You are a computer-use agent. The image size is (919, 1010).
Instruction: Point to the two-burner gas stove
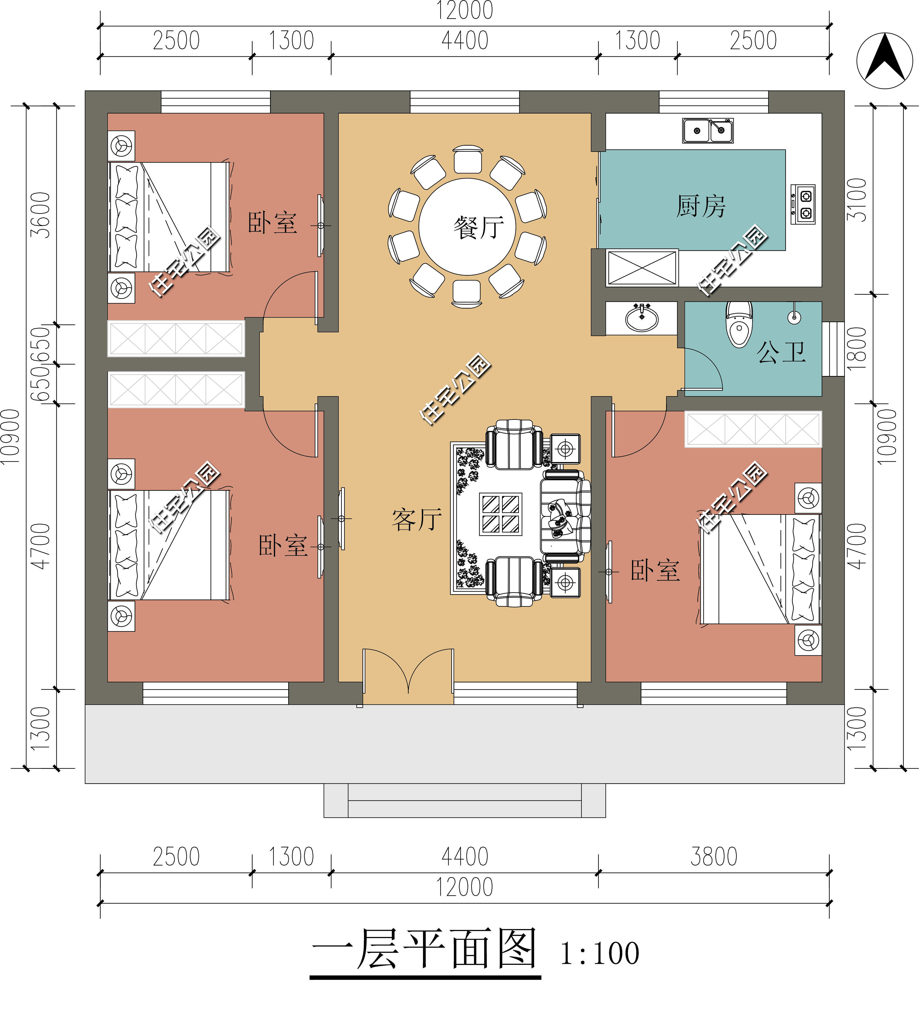click(803, 204)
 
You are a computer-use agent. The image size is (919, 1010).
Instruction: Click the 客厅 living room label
click(417, 520)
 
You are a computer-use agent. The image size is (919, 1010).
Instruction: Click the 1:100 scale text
click(599, 953)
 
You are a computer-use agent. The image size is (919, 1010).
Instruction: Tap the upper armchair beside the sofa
click(514, 444)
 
